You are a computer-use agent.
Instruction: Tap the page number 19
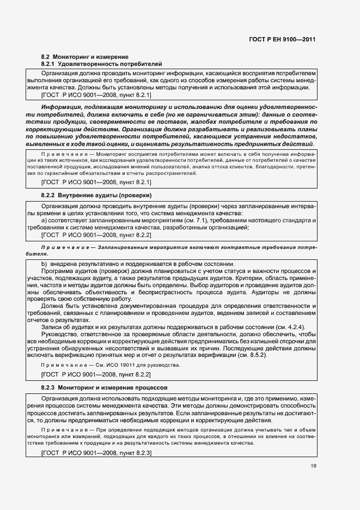pyautogui.click(x=313, y=465)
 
